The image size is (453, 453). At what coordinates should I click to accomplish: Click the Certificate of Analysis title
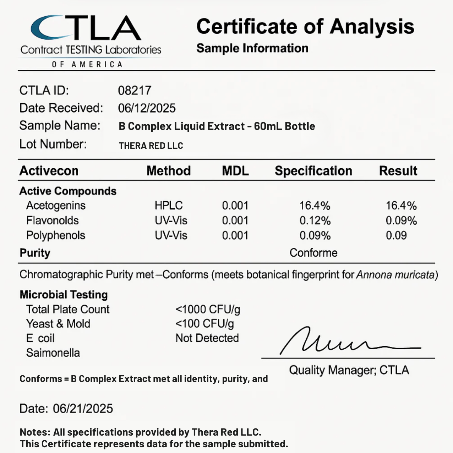pos(305,27)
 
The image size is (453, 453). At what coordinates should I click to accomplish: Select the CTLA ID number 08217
pos(135,91)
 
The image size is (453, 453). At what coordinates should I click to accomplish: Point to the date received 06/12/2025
pos(147,108)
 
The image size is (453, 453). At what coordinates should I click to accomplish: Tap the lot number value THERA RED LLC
pos(151,146)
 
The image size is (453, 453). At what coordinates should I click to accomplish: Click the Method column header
pos(169,171)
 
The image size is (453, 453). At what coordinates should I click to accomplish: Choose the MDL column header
pos(235,171)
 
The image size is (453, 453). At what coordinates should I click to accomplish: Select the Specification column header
pos(313,171)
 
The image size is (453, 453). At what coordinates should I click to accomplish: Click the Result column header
pos(398,171)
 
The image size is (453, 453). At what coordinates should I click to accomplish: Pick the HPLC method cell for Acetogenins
pos(169,206)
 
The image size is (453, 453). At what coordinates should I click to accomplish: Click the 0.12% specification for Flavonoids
pos(315,220)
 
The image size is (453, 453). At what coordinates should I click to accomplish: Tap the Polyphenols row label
pos(56,235)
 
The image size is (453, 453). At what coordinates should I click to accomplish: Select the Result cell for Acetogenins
pos(401,206)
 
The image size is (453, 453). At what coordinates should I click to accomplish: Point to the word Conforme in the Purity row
pos(313,253)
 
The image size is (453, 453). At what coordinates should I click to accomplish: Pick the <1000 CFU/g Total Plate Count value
pos(208,310)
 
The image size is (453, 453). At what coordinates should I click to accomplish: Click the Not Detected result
pos(207,338)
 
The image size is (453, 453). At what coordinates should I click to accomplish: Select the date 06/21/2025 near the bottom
pos(83,409)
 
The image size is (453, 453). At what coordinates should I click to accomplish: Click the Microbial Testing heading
pos(64,295)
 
